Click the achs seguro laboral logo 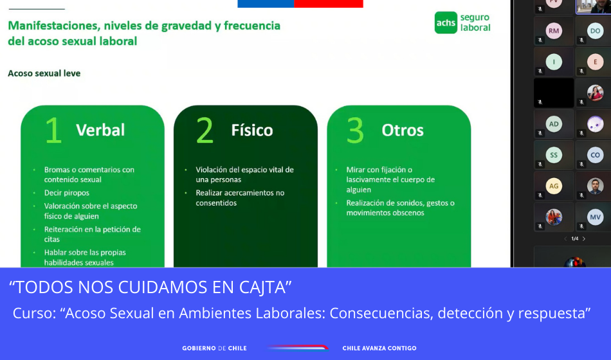click(462, 22)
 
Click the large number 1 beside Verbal click(53, 130)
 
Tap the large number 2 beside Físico click(205, 130)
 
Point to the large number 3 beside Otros click(356, 130)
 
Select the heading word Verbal click(100, 130)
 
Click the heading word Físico click(252, 130)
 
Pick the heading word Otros click(403, 130)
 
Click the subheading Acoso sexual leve click(44, 73)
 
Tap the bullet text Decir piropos click(67, 193)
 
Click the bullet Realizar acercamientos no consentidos click(240, 198)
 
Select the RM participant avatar click(554, 31)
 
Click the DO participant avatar click(595, 31)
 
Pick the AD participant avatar click(554, 124)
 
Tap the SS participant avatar click(554, 155)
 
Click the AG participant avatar click(554, 186)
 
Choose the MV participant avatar click(595, 217)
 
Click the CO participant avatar click(595, 155)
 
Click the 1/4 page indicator click(575, 239)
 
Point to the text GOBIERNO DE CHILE click(214, 348)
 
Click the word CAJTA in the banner click(264, 287)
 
